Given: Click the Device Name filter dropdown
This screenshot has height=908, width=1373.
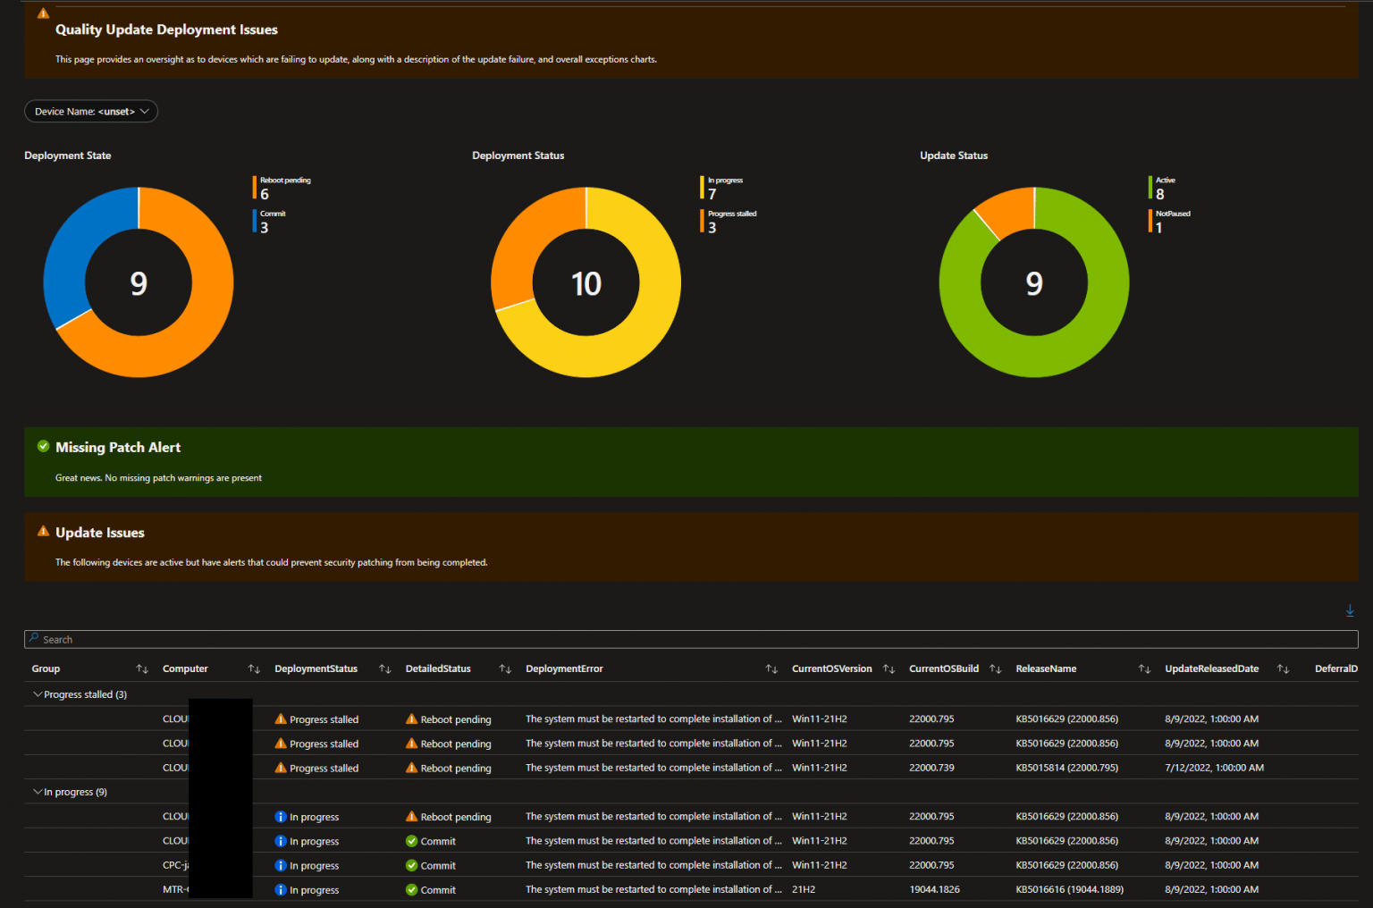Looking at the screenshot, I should tap(90, 111).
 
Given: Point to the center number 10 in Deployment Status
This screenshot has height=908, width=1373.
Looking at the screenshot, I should tap(586, 284).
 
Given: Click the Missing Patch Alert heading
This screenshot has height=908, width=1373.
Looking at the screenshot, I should tap(118, 447).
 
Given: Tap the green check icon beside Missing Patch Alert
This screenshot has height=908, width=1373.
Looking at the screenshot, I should tap(43, 446).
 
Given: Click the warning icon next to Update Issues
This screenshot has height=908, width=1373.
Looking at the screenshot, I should tap(43, 532).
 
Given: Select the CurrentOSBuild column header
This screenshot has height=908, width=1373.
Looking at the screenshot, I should tap(943, 668).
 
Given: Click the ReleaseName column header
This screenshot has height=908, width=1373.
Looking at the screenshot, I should tap(1046, 668).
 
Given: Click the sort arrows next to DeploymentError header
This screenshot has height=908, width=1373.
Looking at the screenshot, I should tap(771, 668).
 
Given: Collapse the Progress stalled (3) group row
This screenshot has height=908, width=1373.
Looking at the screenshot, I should tap(38, 694).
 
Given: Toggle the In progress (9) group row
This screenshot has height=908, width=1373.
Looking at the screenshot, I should tap(38, 792).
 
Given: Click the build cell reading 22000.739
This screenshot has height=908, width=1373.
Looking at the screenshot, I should tap(931, 768).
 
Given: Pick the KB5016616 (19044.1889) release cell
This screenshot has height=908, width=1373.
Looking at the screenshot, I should tap(1069, 889).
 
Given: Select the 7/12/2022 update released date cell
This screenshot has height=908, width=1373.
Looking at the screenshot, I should tap(1214, 768).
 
